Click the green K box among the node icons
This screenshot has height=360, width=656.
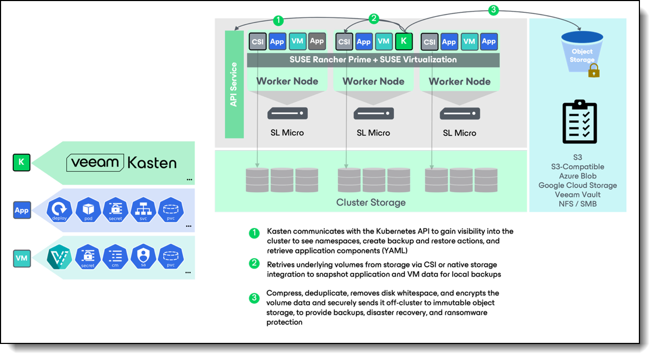pos(403,41)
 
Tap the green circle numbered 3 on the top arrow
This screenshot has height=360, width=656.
pos(494,9)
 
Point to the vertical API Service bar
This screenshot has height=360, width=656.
pos(234,85)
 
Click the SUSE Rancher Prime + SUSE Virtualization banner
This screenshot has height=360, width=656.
pos(373,59)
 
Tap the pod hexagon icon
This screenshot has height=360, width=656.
pos(88,210)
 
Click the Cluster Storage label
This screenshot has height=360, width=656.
pos(371,203)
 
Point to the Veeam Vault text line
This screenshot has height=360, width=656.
pos(577,195)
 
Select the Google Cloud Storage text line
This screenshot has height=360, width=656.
pos(577,185)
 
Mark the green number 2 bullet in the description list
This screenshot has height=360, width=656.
pos(255,264)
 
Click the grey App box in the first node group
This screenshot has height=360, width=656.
pos(317,41)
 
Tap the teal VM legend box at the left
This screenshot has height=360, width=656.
pos(21,258)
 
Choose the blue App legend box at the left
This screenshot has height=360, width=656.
pos(21,210)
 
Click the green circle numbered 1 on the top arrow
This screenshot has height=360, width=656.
pos(278,21)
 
